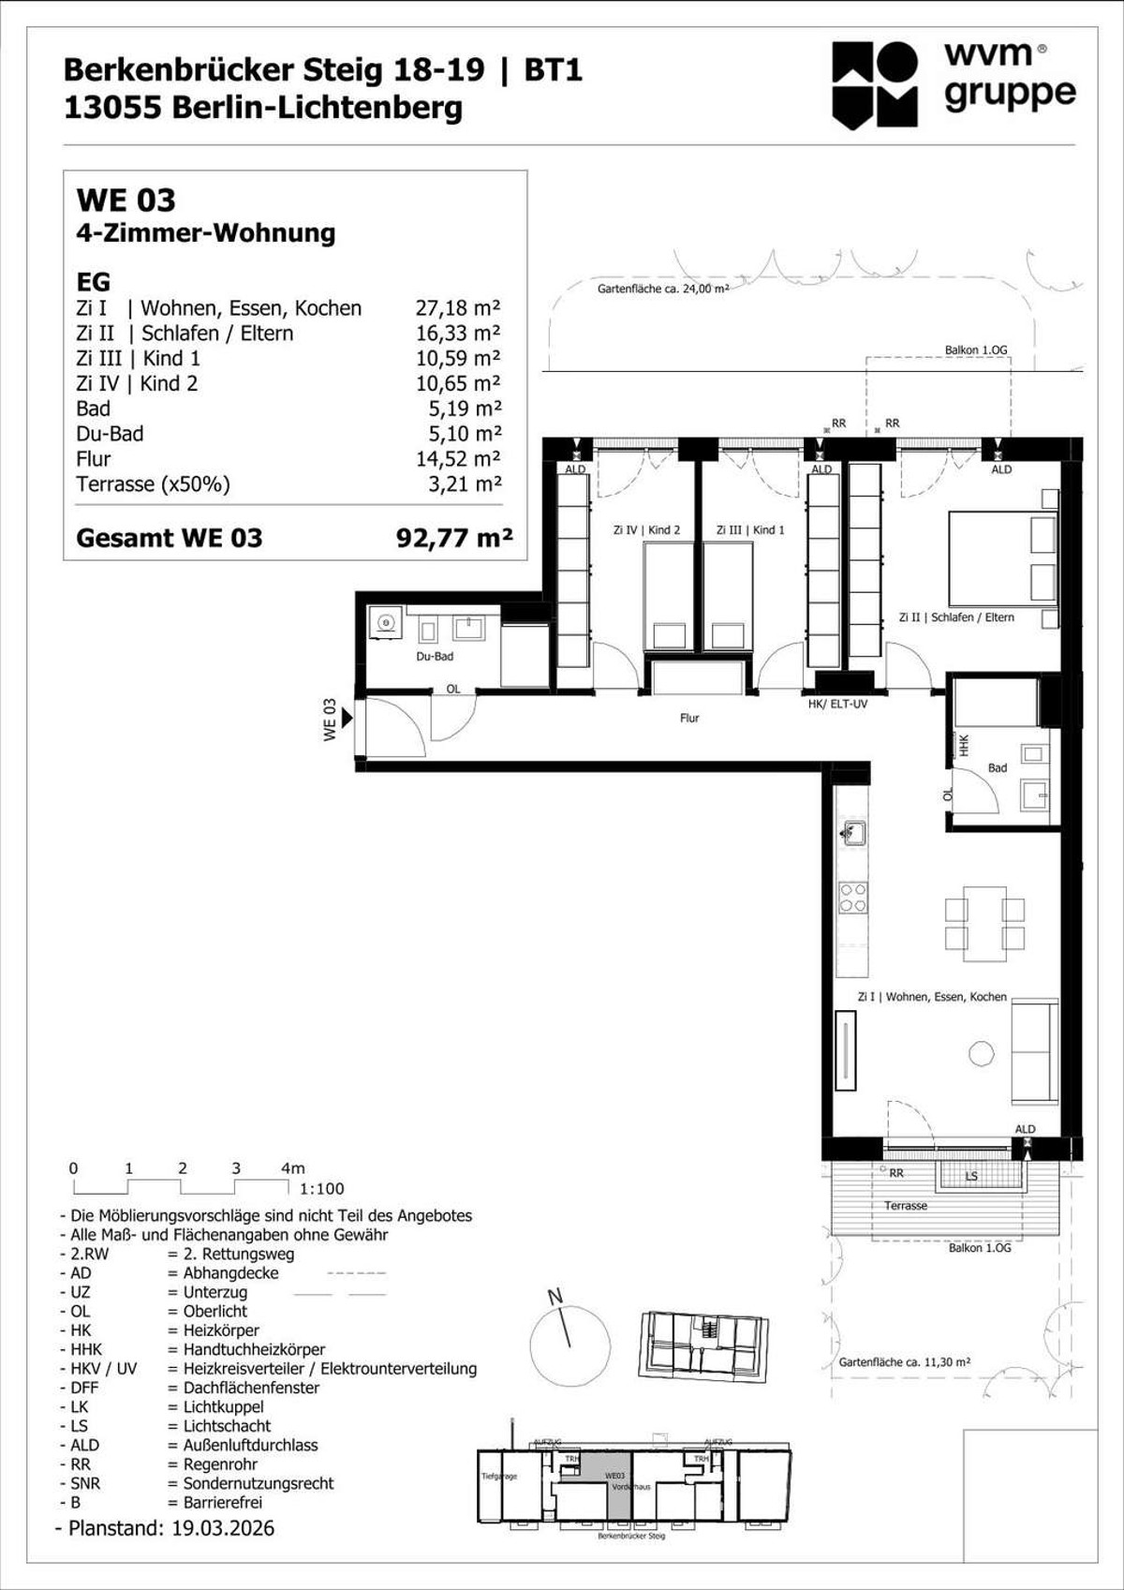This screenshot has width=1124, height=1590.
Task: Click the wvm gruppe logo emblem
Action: point(875,84)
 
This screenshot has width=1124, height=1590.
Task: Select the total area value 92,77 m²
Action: point(454,538)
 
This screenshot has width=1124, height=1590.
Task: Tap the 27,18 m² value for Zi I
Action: point(457,308)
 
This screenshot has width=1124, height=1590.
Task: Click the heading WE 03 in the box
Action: point(126,200)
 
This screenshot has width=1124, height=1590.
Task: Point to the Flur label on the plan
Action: point(689,718)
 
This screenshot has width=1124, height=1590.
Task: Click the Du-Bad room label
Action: point(435,656)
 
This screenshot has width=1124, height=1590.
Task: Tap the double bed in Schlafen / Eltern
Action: point(1002,558)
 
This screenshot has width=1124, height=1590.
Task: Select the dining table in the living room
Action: point(984,923)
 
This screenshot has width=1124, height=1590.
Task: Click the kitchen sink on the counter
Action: point(852,832)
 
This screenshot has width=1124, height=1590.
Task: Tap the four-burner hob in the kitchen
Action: point(852,898)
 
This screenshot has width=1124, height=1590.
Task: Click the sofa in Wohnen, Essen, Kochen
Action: point(1034,1052)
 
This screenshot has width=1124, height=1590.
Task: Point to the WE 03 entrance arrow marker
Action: point(347,719)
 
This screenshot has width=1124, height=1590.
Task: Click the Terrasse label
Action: point(906,1205)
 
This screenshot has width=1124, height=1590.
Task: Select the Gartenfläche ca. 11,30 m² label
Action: point(904,1361)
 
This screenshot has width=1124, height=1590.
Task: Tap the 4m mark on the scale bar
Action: point(292,1168)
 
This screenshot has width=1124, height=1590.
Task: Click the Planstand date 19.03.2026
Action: point(223,1528)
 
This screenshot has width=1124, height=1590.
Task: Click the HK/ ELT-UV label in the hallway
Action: point(837,704)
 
